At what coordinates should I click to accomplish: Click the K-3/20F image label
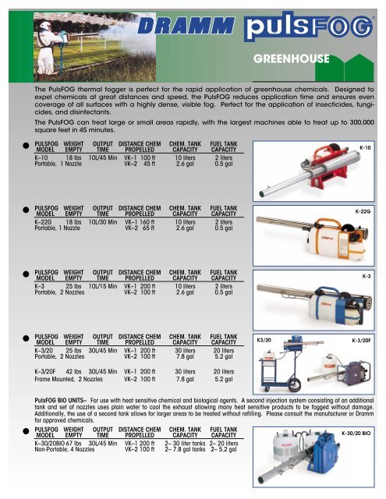[360, 341]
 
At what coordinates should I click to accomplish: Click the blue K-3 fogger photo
[312, 299]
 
